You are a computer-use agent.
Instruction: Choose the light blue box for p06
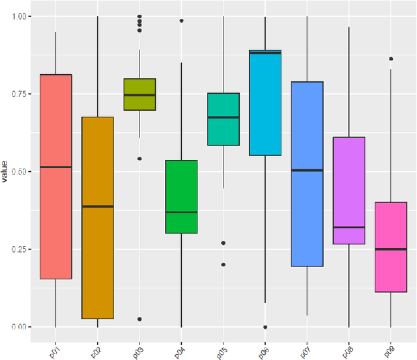click(x=265, y=104)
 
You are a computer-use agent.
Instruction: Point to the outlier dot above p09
click(x=391, y=59)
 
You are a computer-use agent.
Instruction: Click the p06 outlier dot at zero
click(x=265, y=327)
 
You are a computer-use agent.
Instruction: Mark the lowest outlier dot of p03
click(x=139, y=319)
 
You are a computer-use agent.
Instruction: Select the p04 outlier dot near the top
click(x=181, y=21)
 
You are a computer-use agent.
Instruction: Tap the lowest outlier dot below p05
click(x=223, y=264)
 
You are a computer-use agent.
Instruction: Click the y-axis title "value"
click(x=5, y=171)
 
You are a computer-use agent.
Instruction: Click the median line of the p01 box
click(x=55, y=167)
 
